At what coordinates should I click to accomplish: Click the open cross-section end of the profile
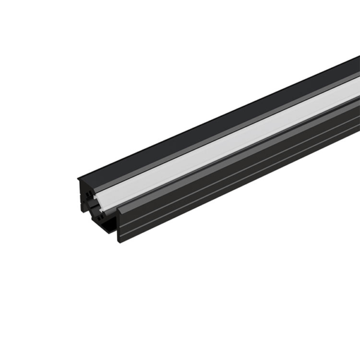point(99,204)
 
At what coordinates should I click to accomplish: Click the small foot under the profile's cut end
point(108,231)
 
